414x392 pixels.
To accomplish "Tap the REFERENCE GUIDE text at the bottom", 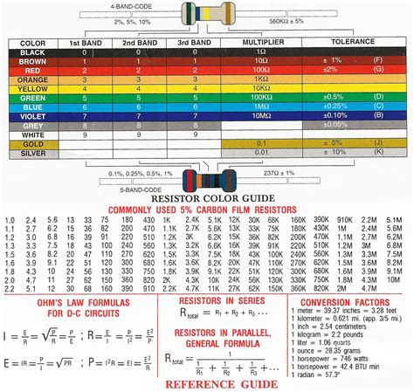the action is coord(223,382).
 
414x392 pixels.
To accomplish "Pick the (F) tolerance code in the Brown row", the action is coord(378,61).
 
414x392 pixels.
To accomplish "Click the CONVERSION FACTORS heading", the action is coord(347,303).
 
